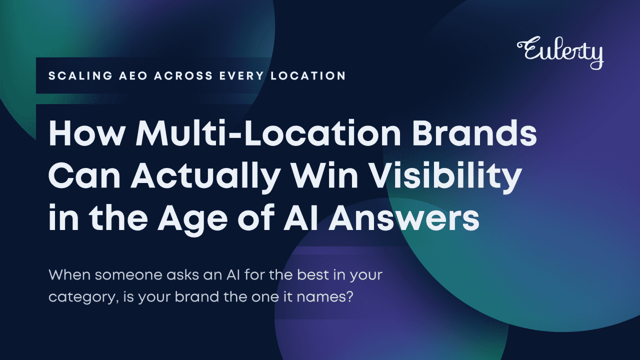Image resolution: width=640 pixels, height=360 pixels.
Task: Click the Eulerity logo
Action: point(560,52)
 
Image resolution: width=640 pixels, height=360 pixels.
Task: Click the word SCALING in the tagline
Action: point(80,75)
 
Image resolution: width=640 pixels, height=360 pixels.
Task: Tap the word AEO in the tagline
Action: point(133,75)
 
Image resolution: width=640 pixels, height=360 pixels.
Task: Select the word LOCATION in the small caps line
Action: point(308,75)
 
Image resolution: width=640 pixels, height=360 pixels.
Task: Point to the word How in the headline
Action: point(87,133)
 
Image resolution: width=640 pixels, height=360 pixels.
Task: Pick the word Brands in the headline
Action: point(474,132)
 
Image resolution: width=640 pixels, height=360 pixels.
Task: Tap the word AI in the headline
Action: point(300,218)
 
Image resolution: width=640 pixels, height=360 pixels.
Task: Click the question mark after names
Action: point(348,296)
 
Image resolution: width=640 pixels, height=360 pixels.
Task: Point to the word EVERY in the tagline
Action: point(241,75)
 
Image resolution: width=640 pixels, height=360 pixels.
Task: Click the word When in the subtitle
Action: point(69,274)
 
